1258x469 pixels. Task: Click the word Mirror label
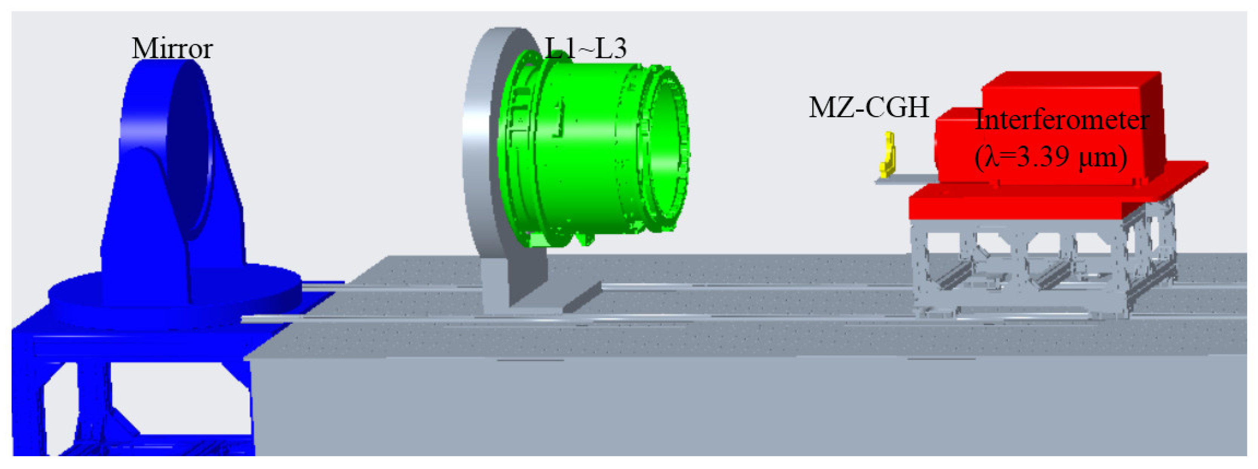(172, 49)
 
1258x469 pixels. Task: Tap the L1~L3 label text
(585, 49)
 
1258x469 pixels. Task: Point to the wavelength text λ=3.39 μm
(1050, 157)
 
